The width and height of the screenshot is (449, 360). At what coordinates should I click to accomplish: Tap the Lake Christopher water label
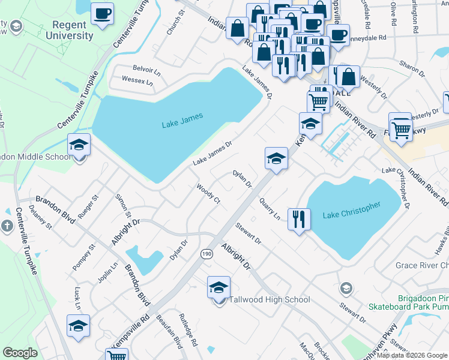[x=352, y=211]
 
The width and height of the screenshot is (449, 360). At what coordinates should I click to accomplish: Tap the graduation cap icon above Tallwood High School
[x=218, y=287]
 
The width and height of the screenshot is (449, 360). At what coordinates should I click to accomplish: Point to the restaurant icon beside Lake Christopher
[x=298, y=218]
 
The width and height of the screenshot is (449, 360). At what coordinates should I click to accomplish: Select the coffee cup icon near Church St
[x=102, y=13]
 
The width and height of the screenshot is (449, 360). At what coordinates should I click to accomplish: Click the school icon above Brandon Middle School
[x=79, y=145]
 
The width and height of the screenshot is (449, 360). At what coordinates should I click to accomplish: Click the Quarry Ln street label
[x=270, y=211]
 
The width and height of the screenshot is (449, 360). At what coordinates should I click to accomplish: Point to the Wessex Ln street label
[x=137, y=80]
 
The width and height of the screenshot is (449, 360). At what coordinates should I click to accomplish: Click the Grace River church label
[x=421, y=265]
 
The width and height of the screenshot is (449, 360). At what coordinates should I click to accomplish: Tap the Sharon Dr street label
[x=412, y=70]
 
